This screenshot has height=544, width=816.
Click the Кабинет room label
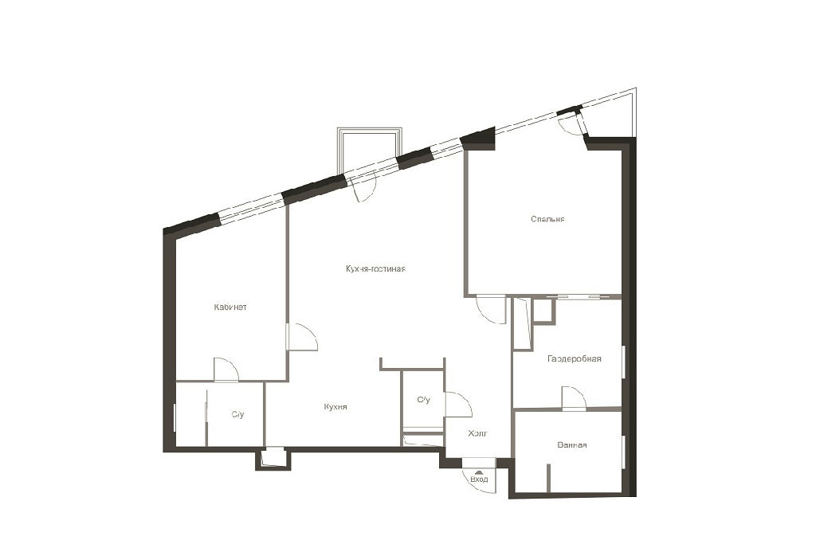click(230, 307)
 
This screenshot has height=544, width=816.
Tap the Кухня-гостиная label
click(375, 269)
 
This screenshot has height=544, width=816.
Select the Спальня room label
click(547, 219)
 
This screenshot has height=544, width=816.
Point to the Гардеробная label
click(574, 358)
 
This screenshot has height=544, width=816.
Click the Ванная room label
click(572, 444)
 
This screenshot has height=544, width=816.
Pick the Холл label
click(477, 433)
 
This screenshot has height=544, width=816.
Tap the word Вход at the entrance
click(479, 479)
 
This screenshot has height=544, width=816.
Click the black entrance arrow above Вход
click(479, 472)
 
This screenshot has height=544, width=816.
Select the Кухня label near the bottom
click(335, 407)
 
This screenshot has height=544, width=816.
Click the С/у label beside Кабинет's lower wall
click(237, 414)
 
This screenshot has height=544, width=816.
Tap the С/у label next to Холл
click(424, 399)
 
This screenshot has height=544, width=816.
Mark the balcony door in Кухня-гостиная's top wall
click(363, 187)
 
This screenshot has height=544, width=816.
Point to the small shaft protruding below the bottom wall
click(273, 459)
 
